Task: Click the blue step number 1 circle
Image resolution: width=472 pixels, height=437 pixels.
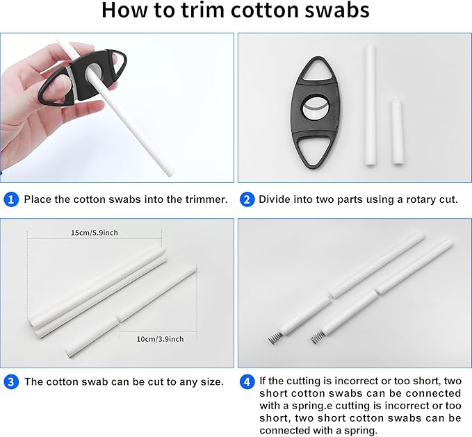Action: [x=11, y=199]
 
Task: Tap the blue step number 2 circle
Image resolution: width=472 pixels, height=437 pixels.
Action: [x=247, y=199]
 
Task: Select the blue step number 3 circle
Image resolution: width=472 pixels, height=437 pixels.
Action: [x=11, y=382]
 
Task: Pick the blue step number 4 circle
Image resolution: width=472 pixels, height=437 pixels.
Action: [x=247, y=382]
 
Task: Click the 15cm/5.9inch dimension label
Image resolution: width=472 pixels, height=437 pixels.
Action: [x=95, y=233]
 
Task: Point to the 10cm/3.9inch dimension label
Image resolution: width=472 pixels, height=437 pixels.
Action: [x=160, y=339]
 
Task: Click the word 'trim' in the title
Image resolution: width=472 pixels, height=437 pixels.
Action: [x=203, y=10]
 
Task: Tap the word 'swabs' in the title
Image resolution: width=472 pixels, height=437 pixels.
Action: [x=337, y=10]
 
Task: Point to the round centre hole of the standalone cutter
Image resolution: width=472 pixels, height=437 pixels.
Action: [x=315, y=108]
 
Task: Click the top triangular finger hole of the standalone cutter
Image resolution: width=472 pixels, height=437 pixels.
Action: [x=316, y=70]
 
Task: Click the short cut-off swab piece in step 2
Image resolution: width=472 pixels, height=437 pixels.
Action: [x=397, y=131]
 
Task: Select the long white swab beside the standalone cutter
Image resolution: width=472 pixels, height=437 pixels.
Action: [x=371, y=105]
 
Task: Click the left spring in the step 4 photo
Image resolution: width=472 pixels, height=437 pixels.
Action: [x=275, y=338]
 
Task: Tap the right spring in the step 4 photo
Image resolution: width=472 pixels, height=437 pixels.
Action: [x=317, y=338]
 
